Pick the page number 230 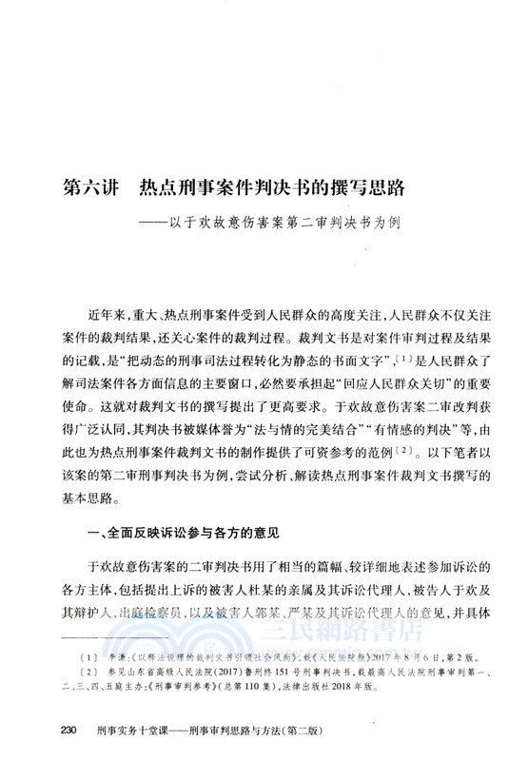tap(67, 731)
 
